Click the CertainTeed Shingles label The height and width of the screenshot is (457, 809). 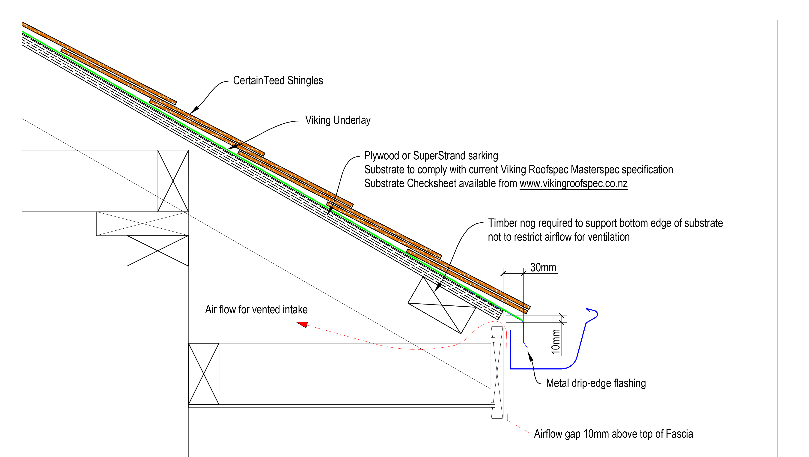[x=278, y=81]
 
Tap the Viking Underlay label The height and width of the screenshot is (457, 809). [x=338, y=120]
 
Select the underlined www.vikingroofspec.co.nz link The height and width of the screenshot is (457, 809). [x=574, y=183]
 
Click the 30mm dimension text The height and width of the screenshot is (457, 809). [x=543, y=268]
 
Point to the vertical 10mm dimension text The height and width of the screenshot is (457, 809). [x=556, y=342]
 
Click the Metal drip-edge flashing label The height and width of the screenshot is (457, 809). [x=596, y=383]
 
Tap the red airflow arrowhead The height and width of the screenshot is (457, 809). [x=302, y=324]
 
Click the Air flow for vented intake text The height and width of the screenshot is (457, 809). [x=256, y=309]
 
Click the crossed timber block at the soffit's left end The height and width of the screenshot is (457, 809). [x=203, y=374]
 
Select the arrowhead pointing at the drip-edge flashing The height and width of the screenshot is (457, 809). [x=530, y=356]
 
